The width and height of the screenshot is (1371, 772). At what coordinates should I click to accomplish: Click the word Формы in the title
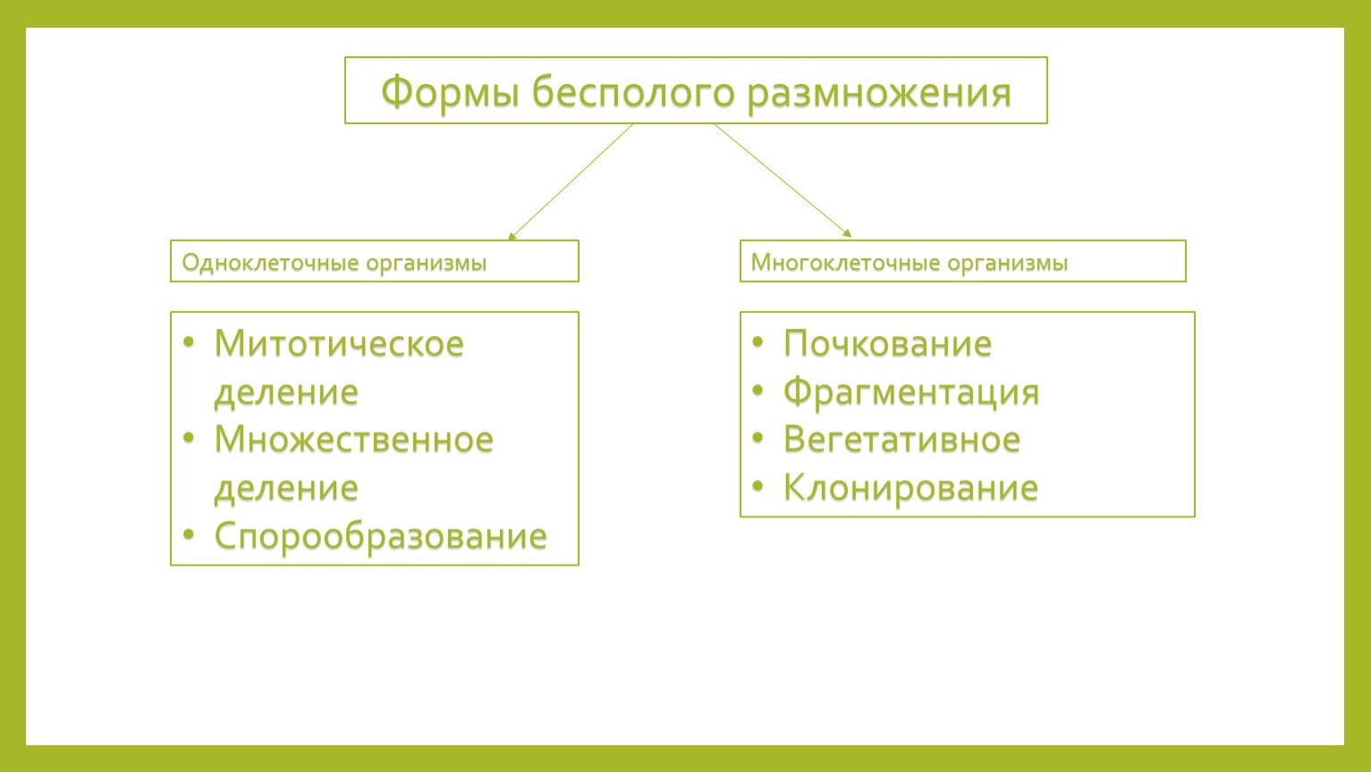pos(450,92)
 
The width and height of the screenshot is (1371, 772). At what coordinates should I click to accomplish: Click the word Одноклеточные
pos(270,263)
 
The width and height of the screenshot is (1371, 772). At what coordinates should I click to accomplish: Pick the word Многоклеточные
pos(843,263)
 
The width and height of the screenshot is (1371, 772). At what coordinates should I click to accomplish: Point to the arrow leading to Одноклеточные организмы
pos(571,181)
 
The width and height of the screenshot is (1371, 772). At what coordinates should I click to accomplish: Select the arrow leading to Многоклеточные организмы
pos(783,180)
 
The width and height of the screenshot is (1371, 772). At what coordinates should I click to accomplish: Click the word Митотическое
pos(339,343)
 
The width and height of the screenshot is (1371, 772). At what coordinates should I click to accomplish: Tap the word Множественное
pos(354,440)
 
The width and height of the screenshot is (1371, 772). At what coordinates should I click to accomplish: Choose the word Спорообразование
pos(380,536)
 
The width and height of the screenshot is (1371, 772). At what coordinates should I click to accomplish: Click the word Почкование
pos(887,343)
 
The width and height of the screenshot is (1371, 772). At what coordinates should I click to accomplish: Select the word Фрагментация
pos(911,392)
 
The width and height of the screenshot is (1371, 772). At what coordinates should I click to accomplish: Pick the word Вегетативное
pos(901,440)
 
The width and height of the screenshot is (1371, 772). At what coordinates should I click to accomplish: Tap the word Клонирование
pos(910,489)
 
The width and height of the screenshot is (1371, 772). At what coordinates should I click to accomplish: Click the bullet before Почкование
pos(757,341)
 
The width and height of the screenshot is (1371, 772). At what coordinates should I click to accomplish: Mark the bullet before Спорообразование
pos(189,534)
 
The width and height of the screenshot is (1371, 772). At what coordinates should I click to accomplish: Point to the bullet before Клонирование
pos(757,486)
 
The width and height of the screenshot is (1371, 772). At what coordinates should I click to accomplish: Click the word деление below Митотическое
pos(286,392)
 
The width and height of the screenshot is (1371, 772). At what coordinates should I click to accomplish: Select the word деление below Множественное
pos(286,489)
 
